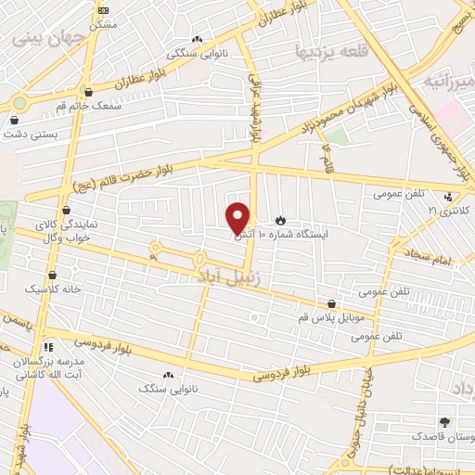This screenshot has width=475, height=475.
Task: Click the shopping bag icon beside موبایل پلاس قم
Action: (x=332, y=303)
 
